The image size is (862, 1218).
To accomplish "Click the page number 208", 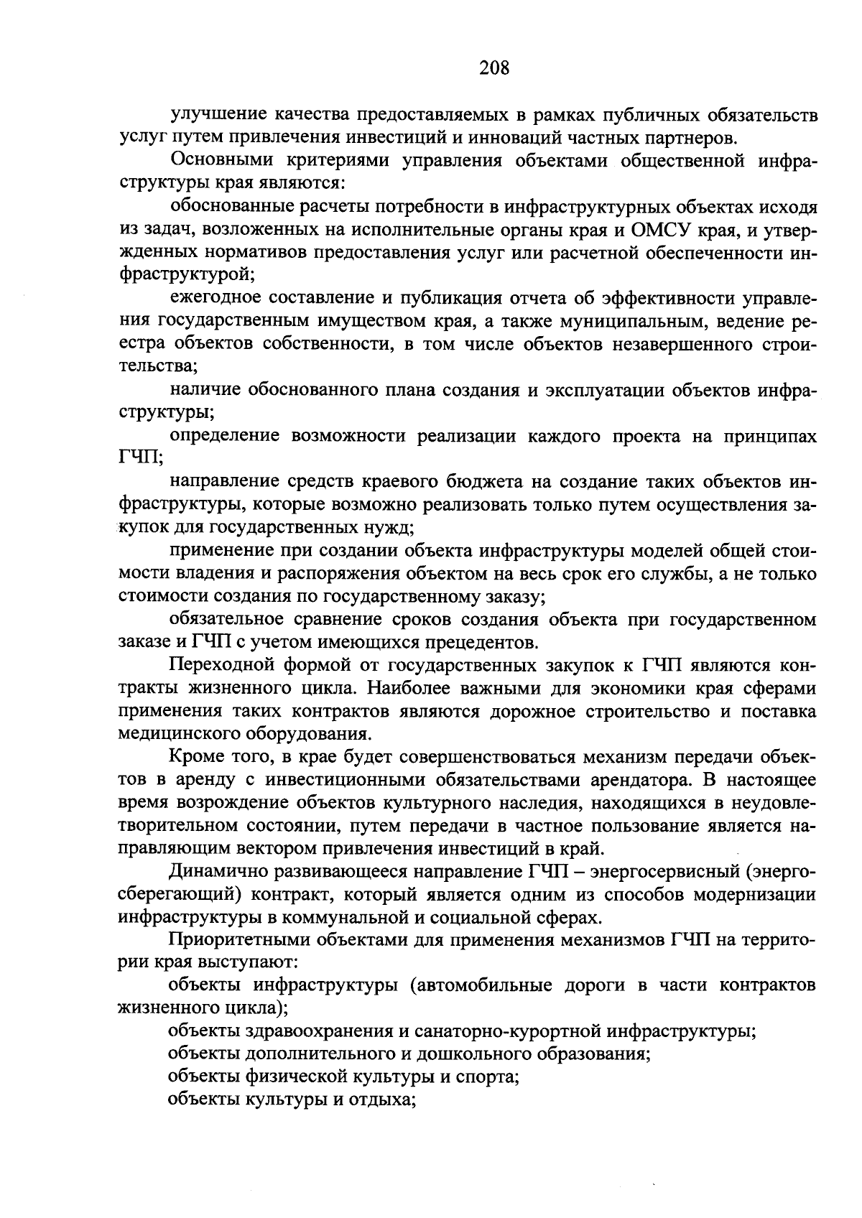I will [x=494, y=68].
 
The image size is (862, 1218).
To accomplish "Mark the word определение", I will [x=223, y=437].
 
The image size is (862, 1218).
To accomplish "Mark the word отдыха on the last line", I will [x=384, y=1101].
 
